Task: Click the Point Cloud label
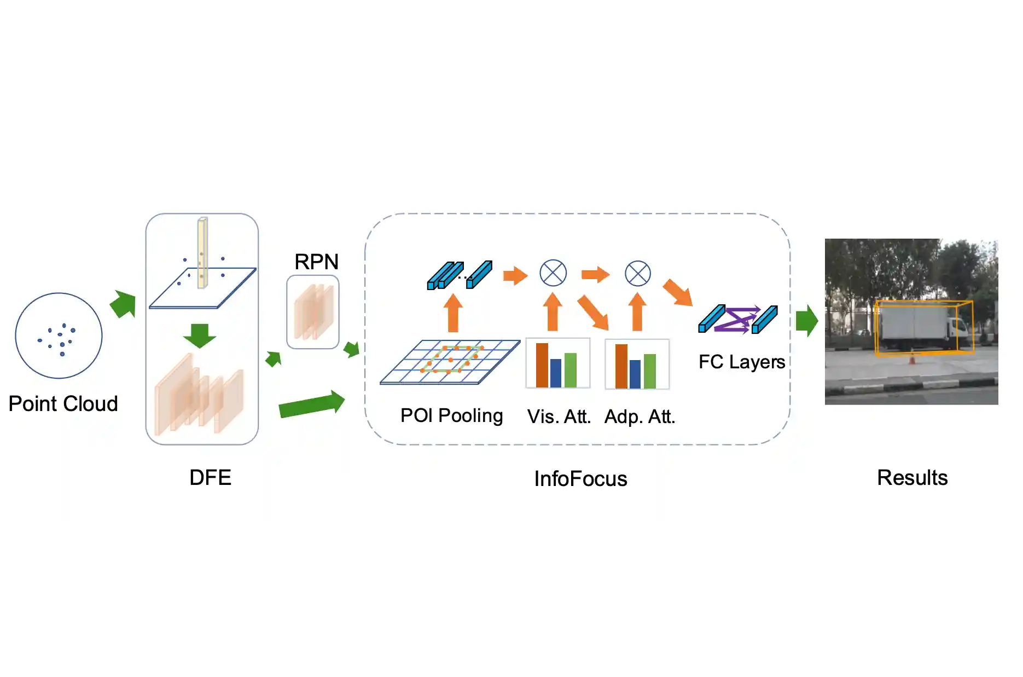point(63,404)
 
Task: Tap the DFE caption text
point(210,478)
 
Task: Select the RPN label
point(316,262)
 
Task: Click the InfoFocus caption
point(580,479)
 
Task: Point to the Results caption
point(912,478)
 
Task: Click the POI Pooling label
point(451,416)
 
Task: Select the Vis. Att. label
point(559,417)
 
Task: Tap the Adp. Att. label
point(640,417)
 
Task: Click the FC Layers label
point(741,362)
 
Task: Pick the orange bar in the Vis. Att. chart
point(542,365)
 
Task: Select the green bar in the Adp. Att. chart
point(650,371)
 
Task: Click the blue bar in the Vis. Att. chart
point(556,373)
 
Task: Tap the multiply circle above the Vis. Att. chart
point(553,273)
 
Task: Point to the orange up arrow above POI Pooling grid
point(453,313)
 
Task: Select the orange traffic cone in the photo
point(912,359)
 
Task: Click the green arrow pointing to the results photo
point(807,321)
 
